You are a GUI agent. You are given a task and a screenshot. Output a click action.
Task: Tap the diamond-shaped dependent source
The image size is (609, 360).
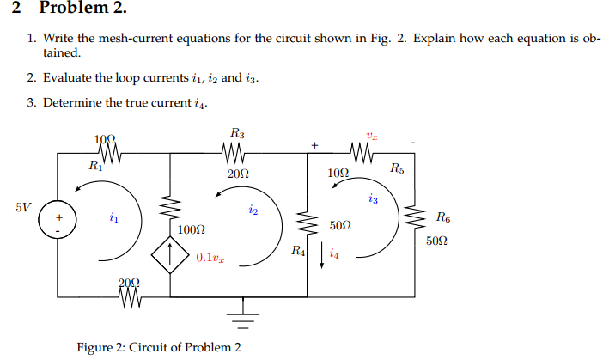click(171, 256)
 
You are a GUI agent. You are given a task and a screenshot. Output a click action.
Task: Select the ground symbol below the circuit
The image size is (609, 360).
click(245, 318)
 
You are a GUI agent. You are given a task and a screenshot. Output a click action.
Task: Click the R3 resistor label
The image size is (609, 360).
click(238, 133)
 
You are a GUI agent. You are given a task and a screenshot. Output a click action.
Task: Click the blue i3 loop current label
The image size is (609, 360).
click(372, 199)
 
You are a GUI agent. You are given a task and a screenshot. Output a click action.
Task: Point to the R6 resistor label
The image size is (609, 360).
click(442, 217)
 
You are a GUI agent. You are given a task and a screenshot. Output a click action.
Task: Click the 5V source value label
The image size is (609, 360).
click(23, 207)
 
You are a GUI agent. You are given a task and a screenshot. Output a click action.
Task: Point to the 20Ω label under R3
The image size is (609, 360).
click(239, 174)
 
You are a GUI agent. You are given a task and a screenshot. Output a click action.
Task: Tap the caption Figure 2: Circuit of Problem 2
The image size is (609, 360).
click(159, 347)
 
